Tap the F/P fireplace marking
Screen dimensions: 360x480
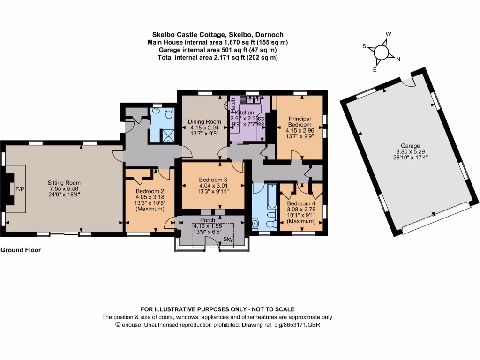pyautogui.click(x=20, y=189)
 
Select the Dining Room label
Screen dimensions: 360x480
pyautogui.click(x=204, y=122)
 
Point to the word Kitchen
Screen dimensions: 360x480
pyautogui.click(x=244, y=113)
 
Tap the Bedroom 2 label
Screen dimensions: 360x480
pyautogui.click(x=150, y=191)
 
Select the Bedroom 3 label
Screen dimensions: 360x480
pyautogui.click(x=213, y=180)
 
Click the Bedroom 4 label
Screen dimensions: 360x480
pyautogui.click(x=299, y=203)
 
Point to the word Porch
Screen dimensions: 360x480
pyautogui.click(x=207, y=220)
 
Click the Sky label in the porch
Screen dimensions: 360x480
pyautogui.click(x=228, y=240)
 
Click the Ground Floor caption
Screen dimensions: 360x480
pyautogui.click(x=21, y=250)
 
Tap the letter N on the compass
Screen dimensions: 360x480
pyautogui.click(x=398, y=59)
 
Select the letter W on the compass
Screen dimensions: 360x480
pyautogui.click(x=388, y=34)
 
